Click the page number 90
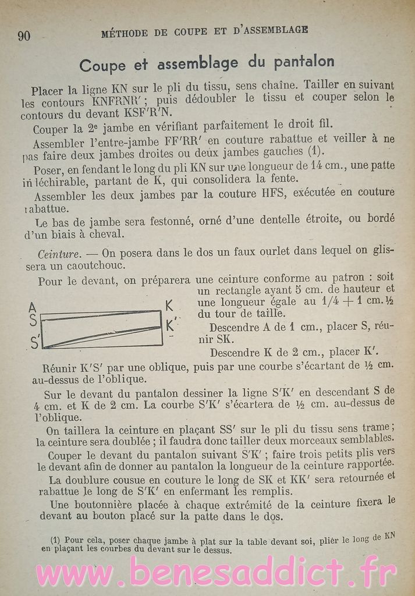click(x=24, y=36)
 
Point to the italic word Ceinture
click(x=58, y=254)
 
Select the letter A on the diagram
click(x=33, y=307)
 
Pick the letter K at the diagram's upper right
click(x=169, y=306)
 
